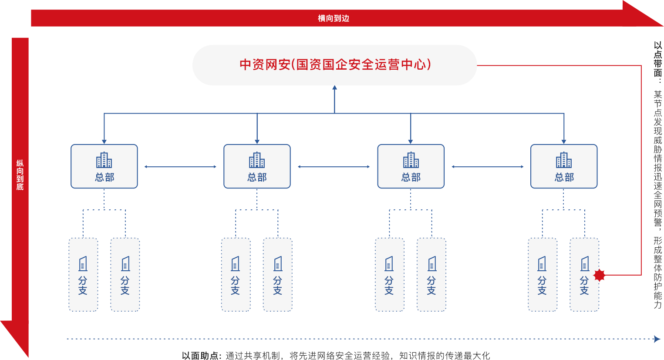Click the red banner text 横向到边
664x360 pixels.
[x=334, y=18]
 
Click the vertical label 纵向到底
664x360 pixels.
[x=20, y=175]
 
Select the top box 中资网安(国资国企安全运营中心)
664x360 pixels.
[x=334, y=65]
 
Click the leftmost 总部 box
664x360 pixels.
[x=104, y=166]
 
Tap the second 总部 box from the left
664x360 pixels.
[x=257, y=166]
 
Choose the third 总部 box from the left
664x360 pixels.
[x=411, y=166]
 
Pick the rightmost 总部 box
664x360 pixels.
[x=564, y=166]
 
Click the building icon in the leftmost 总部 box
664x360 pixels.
[x=104, y=160]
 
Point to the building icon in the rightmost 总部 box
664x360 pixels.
[x=564, y=160]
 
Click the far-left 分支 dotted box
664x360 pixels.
[x=83, y=275]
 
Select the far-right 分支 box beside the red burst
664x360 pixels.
[x=584, y=275]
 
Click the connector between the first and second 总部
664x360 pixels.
[x=180, y=167]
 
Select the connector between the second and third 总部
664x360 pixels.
[x=334, y=167]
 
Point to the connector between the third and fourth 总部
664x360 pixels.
[x=488, y=167]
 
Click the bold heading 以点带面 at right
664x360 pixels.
[x=657, y=59]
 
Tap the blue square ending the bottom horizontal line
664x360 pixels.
[x=657, y=339]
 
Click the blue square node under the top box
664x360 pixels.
[x=335, y=88]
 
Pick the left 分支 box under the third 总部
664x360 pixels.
[x=390, y=275]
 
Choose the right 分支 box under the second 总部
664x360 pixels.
[x=278, y=275]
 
